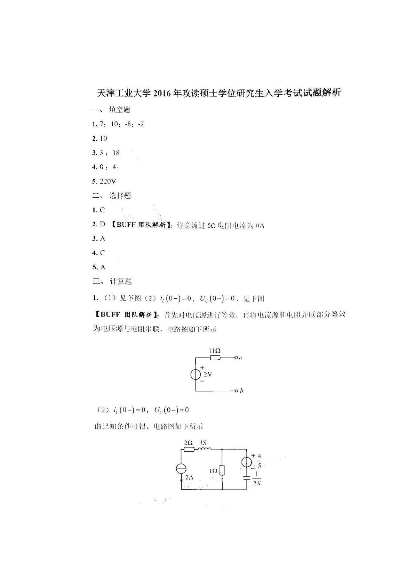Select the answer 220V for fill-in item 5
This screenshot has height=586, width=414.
tap(108, 181)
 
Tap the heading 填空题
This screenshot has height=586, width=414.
tap(119, 110)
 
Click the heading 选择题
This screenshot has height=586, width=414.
tap(120, 196)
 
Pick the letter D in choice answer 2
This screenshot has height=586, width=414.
tap(102, 224)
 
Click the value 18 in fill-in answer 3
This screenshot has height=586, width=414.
tap(116, 153)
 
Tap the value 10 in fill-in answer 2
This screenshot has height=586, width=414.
tap(103, 139)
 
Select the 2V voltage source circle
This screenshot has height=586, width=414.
tap(196, 375)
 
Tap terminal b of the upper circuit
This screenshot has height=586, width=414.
tap(237, 391)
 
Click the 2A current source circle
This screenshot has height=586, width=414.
tap(181, 469)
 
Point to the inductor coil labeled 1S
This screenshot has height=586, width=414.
tap(205, 450)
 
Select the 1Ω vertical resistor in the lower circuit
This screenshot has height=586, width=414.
tap(222, 470)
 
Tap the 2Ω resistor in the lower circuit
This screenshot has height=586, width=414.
tap(189, 450)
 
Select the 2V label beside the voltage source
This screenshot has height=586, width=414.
tap(208, 375)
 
